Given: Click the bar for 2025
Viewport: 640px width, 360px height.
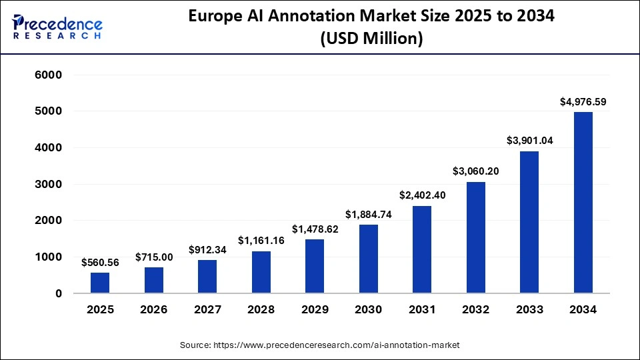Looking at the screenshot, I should click(x=100, y=283).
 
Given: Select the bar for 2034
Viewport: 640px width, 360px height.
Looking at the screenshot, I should click(x=583, y=203).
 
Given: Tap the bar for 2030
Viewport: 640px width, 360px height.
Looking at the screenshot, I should click(x=368, y=259).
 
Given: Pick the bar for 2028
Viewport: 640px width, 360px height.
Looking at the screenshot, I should click(x=261, y=272).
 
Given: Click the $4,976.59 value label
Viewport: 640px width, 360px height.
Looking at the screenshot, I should click(x=583, y=102).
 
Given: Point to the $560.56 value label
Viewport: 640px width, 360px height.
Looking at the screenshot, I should click(x=100, y=263).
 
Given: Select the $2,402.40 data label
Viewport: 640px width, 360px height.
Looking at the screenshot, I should click(x=422, y=195).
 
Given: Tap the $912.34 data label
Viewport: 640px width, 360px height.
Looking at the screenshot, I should click(x=207, y=250).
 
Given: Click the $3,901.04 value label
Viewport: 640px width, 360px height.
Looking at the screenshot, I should click(x=529, y=141).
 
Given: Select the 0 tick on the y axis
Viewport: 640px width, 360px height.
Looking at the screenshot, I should click(x=59, y=293).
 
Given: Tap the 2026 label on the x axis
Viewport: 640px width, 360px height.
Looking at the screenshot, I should click(x=153, y=309).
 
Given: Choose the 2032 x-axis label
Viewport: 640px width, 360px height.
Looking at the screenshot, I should click(x=475, y=309).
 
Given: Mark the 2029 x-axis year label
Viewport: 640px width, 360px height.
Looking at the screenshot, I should click(x=315, y=309).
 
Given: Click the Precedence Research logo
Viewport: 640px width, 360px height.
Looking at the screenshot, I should click(x=57, y=25).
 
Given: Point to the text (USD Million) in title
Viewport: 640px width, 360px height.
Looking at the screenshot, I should click(x=371, y=39).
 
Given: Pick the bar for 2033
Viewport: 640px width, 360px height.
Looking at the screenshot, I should click(x=529, y=222).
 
